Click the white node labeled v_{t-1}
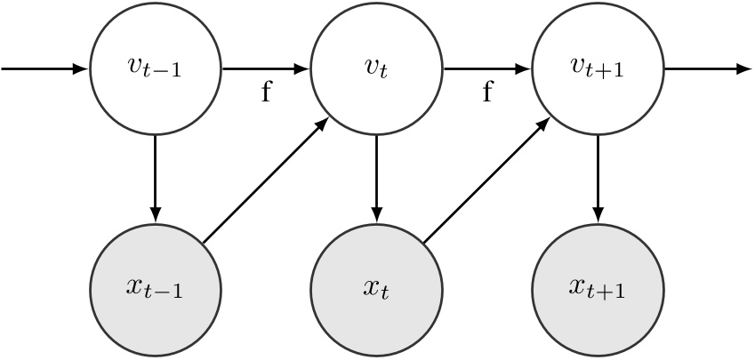click(156, 68)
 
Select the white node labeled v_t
click(376, 68)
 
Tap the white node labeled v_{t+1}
click(598, 68)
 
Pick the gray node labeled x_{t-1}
click(156, 290)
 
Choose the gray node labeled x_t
click(376, 290)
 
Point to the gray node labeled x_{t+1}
click(598, 290)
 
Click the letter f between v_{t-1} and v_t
click(266, 92)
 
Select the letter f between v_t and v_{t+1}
click(486, 92)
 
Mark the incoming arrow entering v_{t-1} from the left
click(44, 68)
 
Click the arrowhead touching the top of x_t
click(376, 215)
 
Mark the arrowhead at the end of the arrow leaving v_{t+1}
click(743, 68)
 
